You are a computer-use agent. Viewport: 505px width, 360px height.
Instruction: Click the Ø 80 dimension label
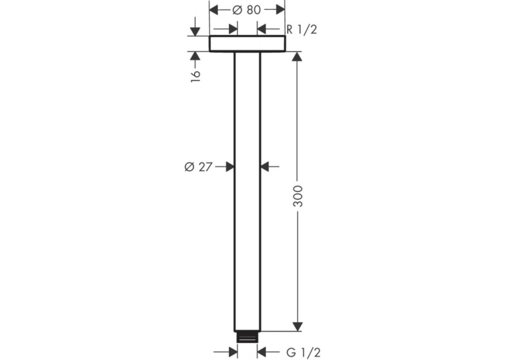246,10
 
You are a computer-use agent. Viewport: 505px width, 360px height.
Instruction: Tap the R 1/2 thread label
302,30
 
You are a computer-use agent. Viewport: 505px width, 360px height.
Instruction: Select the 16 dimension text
195,76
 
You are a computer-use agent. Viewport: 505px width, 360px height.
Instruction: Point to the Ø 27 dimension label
199,167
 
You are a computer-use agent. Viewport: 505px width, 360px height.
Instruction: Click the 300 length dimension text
298,196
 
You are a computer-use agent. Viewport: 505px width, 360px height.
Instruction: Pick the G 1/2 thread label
304,353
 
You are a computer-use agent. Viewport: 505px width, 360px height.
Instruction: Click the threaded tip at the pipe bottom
248,336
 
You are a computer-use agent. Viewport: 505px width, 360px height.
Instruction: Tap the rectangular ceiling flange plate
248,44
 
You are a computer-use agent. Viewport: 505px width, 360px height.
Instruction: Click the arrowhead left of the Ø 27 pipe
230,166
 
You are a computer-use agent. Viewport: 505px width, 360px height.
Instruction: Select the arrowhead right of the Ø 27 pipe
265,166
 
